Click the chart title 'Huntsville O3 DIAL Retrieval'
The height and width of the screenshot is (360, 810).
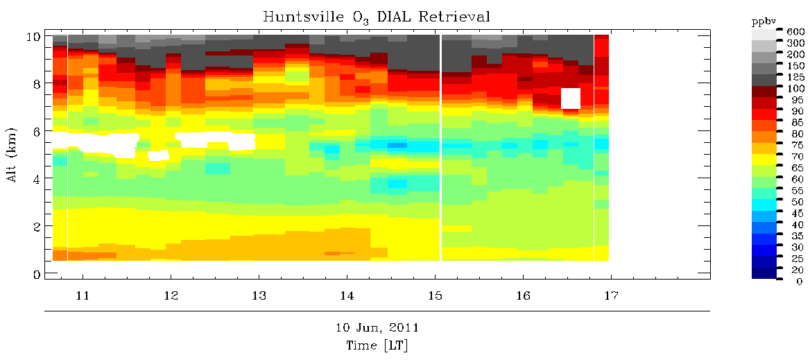376,17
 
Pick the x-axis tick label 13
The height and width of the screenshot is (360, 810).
259,296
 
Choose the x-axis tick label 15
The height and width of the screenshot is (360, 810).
436,296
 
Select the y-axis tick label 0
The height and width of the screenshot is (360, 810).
35,274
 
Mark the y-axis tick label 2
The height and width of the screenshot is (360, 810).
35,226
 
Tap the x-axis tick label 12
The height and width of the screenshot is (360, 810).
171,296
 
